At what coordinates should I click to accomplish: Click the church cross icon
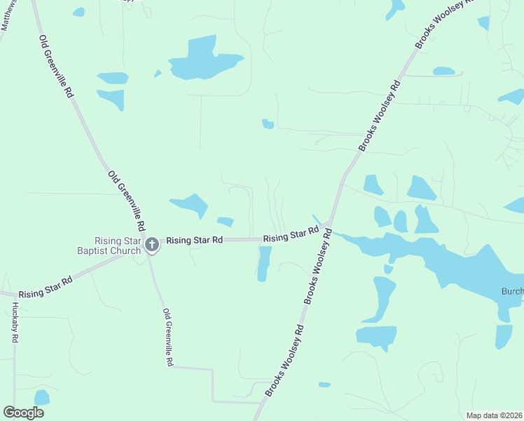tap(152, 245)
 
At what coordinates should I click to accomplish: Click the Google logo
tap(24, 413)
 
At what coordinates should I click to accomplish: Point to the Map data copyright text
tap(493, 415)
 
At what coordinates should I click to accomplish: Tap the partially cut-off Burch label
tap(512, 291)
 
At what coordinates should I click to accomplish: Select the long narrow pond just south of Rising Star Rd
tap(264, 263)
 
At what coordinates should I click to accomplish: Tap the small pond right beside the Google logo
tap(42, 397)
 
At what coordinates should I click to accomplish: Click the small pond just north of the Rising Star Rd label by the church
tap(226, 222)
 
